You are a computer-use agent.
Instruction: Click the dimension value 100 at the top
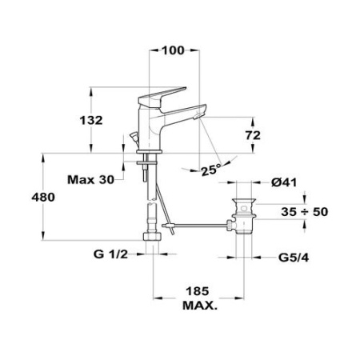[174, 50]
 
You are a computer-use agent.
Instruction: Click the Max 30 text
[90, 179]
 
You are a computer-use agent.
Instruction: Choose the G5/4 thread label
[294, 258]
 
